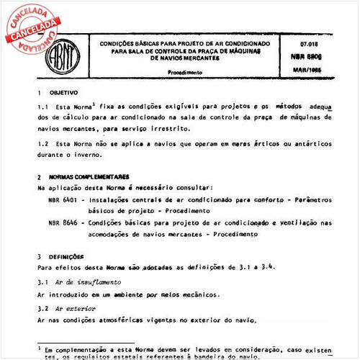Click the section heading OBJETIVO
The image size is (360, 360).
63,94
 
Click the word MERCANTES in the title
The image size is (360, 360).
200,59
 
